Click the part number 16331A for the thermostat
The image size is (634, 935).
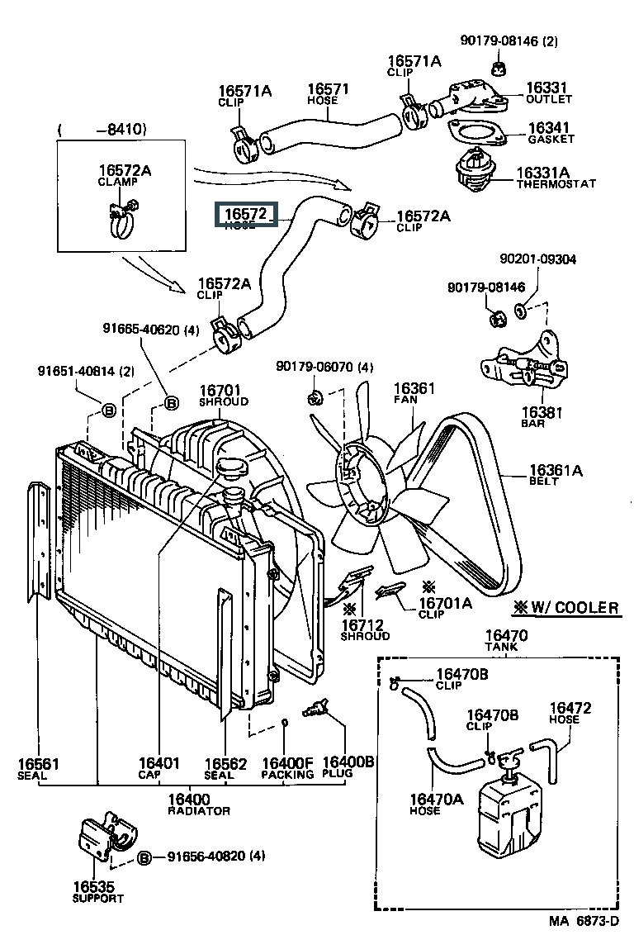(542, 173)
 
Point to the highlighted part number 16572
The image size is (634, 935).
(244, 215)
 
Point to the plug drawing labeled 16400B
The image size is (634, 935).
(317, 708)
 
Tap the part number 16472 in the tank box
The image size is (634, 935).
(570, 708)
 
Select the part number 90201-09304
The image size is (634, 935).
(537, 259)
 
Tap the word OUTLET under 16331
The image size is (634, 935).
(549, 99)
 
